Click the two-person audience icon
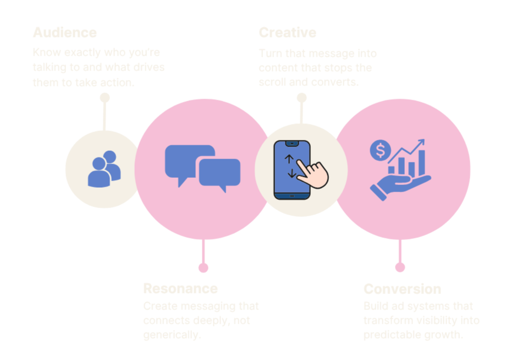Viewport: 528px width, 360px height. point(104,168)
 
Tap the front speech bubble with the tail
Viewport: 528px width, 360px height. point(219,173)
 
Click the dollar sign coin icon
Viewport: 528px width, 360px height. point(381,150)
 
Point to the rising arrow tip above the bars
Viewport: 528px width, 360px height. point(421,142)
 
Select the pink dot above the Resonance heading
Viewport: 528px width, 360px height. point(204,268)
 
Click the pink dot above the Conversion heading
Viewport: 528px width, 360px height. point(400,268)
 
